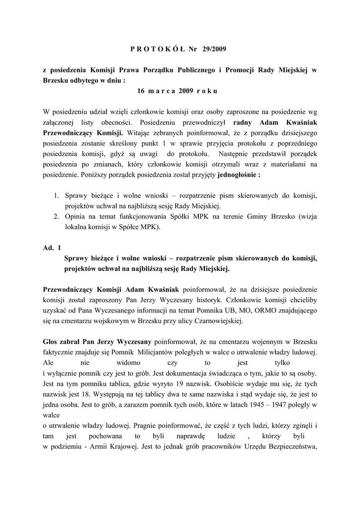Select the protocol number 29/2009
click(x=217, y=49)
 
